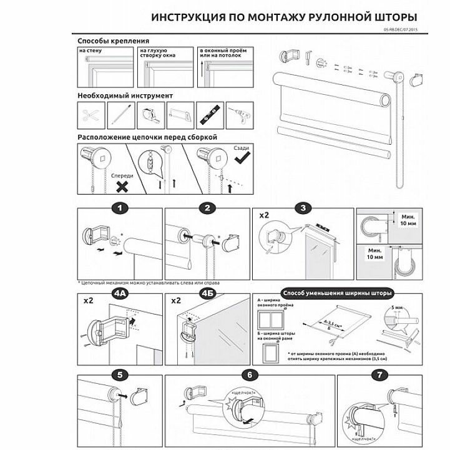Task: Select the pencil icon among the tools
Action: pos(120,116)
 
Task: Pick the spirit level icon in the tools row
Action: pos(210,116)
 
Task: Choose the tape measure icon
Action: pos(150,116)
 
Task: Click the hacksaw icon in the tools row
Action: pos(180,116)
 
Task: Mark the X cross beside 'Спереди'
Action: pos(123,186)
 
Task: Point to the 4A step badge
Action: pos(120,293)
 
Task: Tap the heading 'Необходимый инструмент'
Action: pos(125,95)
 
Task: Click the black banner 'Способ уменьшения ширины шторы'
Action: pos(338,293)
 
